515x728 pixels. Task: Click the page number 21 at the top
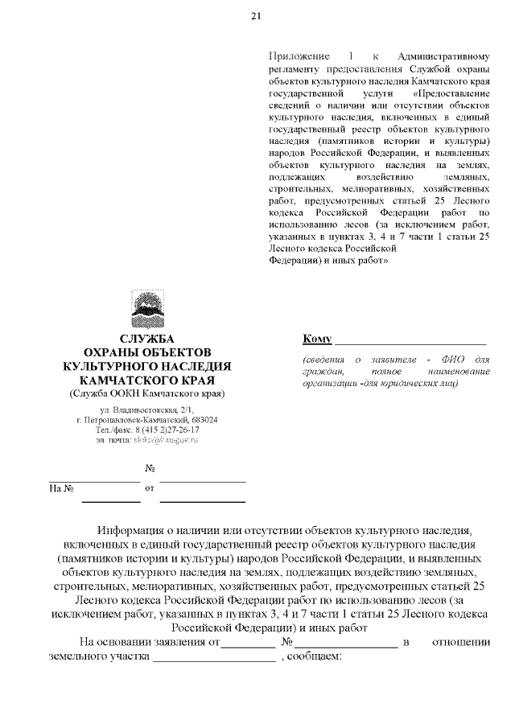pos(256,16)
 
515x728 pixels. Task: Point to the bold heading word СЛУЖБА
pos(147,339)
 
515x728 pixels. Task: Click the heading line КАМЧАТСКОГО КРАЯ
pos(147,380)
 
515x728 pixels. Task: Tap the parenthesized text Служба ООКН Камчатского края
pos(147,393)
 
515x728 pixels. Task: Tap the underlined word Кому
pos(318,337)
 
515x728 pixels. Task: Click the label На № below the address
pos(61,488)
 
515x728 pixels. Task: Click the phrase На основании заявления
pos(149,641)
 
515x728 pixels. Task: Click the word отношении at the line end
pos(462,641)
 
